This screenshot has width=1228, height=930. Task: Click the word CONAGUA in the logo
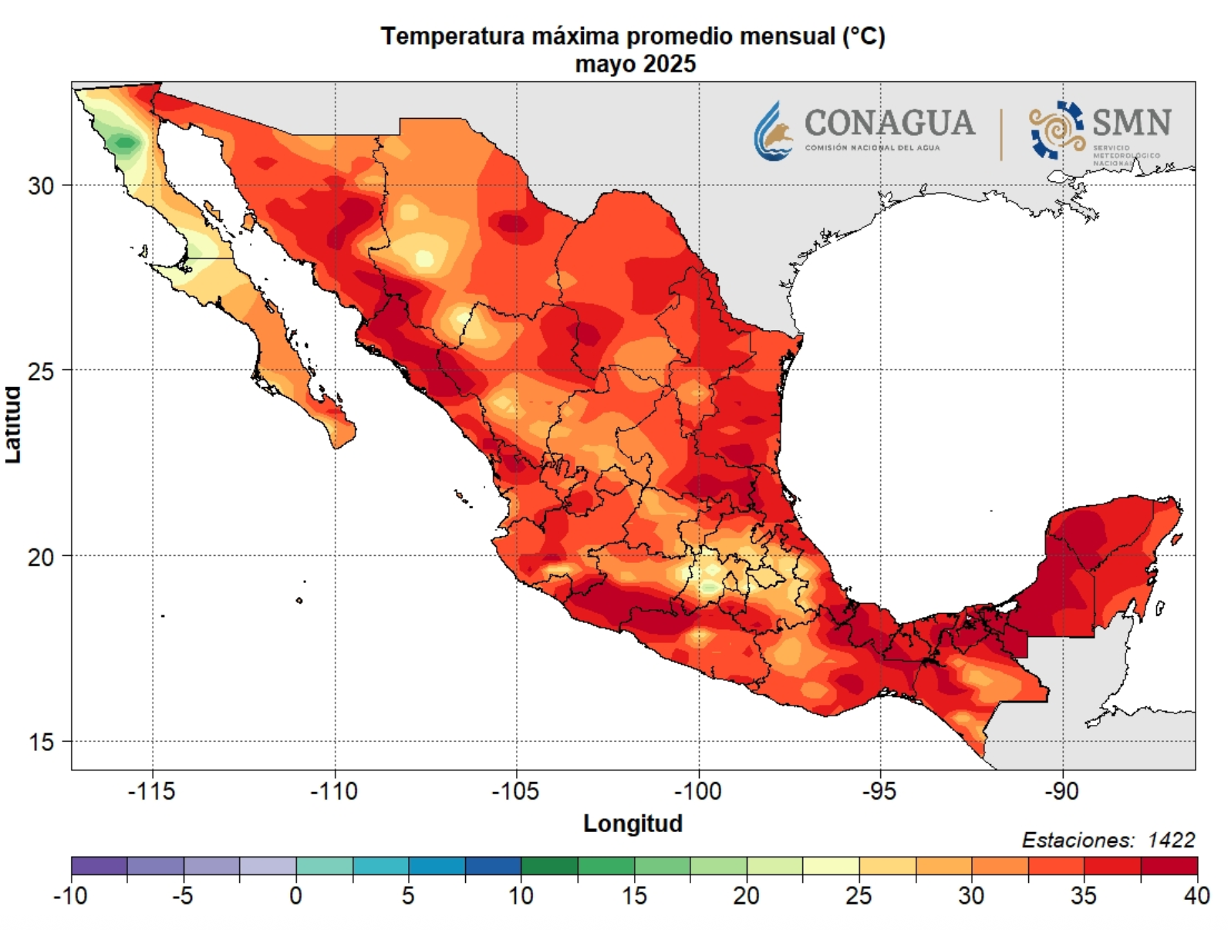(889, 123)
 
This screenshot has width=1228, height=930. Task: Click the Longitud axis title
(633, 824)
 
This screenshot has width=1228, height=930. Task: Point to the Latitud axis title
(13, 424)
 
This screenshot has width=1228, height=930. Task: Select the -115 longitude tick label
(151, 791)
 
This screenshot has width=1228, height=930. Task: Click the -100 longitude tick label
(697, 791)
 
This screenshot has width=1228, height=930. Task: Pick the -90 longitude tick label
(1061, 791)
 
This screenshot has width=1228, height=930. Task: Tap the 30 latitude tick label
(41, 186)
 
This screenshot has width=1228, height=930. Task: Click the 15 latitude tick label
(41, 742)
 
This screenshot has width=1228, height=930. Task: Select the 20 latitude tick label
(41, 557)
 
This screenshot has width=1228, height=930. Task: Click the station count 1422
(1172, 840)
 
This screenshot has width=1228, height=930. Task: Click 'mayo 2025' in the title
(636, 64)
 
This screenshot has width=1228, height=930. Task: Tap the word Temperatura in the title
(453, 37)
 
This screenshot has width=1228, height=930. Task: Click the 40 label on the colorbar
(1196, 896)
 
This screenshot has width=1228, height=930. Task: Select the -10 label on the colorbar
(70, 896)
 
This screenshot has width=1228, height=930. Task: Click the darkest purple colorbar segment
(99, 866)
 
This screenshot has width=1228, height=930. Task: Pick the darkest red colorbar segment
(1169, 866)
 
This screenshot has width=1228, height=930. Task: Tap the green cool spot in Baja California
(124, 143)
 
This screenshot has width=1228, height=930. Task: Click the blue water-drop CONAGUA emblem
(772, 130)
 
